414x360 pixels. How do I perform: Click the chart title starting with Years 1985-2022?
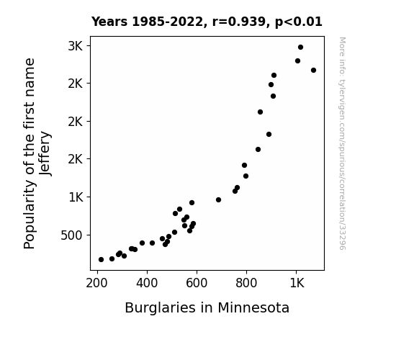coord(207,22)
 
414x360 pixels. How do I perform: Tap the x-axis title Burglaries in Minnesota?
coord(207,308)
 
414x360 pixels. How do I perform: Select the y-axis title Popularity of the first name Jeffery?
coord(37,153)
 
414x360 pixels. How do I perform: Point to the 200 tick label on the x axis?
coord(96,284)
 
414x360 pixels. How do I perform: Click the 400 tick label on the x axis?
coord(147,284)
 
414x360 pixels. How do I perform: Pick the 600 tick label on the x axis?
coord(197,284)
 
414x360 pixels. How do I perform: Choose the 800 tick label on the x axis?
coord(246,284)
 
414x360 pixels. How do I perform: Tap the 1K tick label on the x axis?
coord(297,284)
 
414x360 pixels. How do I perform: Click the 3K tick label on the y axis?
coord(76,46)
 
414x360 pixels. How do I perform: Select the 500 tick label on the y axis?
coord(71,235)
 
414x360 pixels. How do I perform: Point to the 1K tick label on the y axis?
coord(76,197)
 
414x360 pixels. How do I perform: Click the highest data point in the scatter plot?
coord(300,48)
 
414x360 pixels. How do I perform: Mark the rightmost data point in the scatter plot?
coord(313,71)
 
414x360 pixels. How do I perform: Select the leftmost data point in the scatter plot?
coord(101,260)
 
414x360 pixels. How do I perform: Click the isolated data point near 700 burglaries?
coord(218,199)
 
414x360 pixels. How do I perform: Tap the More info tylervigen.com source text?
coord(342,143)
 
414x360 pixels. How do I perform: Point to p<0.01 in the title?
coord(299,22)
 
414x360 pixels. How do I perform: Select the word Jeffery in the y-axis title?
coord(45,153)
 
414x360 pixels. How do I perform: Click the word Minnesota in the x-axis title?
coord(253,308)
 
